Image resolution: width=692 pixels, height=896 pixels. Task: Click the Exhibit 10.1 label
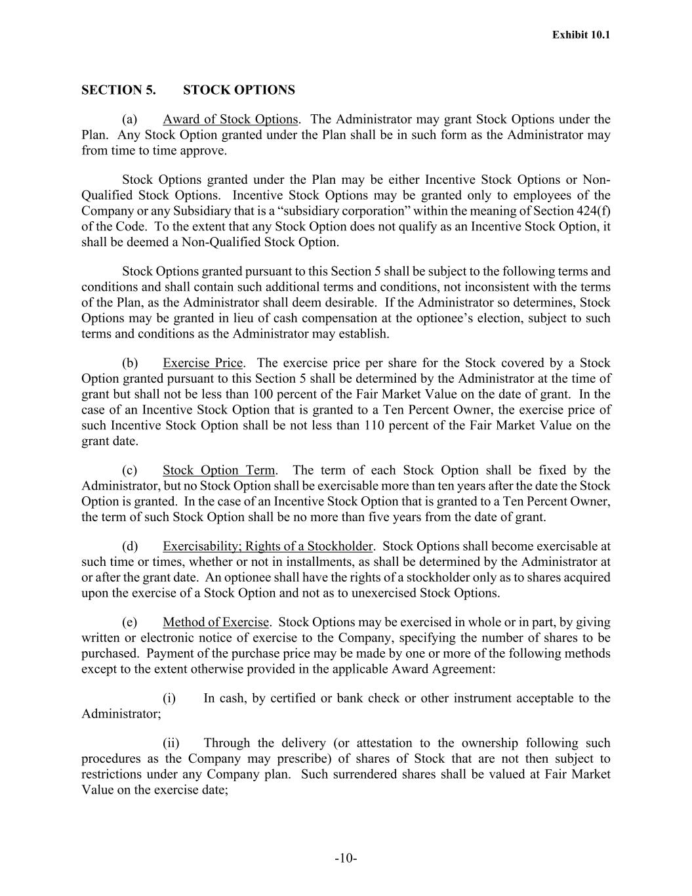point(580,35)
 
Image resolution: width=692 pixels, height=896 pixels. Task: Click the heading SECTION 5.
point(118,90)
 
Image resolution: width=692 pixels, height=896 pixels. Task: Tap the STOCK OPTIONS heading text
point(239,90)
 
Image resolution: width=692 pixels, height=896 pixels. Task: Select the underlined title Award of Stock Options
point(230,119)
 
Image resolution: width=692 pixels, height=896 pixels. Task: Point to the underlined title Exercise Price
point(203,363)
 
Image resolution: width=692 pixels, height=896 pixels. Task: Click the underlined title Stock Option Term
point(219,470)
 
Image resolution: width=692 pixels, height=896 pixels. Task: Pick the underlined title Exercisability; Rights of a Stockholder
point(268,546)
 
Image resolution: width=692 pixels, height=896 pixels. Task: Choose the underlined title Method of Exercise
point(216,622)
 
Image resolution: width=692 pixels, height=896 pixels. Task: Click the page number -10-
point(346,859)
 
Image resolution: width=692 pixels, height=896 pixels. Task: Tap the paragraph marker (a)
point(130,119)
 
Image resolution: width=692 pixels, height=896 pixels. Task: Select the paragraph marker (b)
point(130,363)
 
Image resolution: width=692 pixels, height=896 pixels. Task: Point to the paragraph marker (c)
point(130,470)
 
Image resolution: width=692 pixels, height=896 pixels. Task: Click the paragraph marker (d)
point(130,546)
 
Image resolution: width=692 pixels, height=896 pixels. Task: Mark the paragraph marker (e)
point(130,622)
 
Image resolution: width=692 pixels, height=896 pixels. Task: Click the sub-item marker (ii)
point(171,743)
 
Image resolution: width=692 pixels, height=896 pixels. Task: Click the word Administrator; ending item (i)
point(121,714)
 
